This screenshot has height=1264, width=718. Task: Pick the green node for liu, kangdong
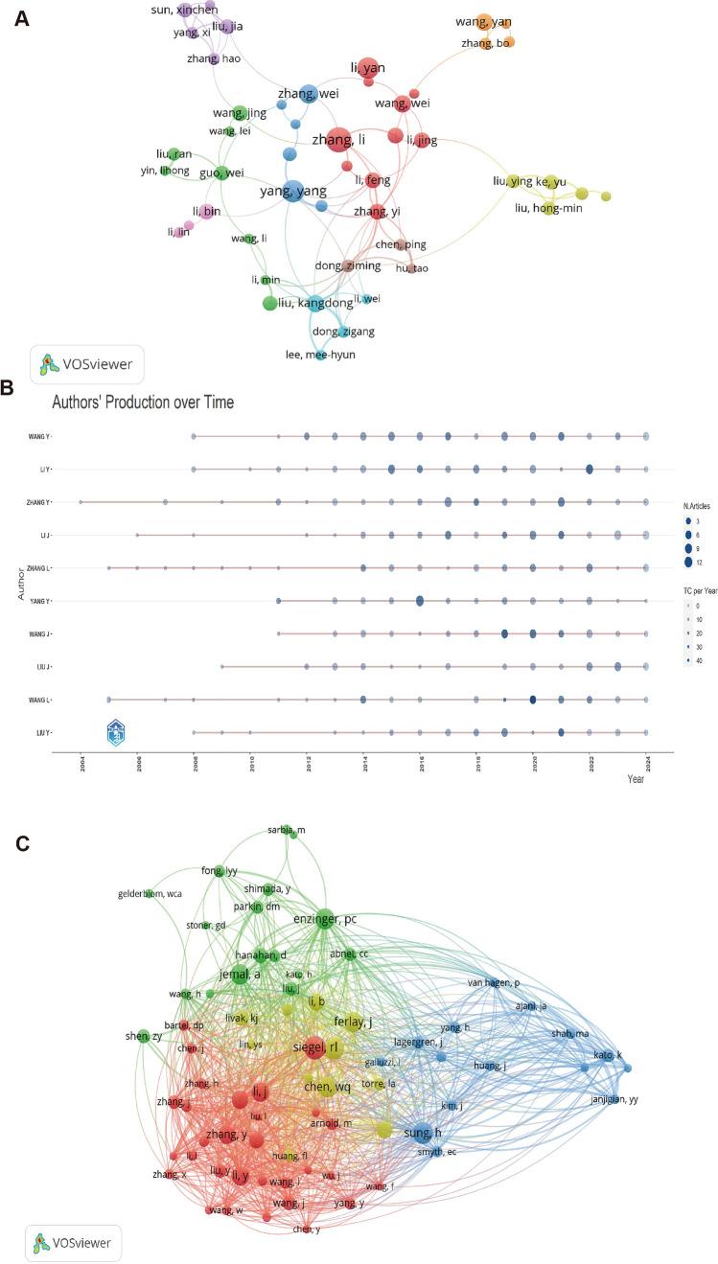pyautogui.click(x=270, y=304)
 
